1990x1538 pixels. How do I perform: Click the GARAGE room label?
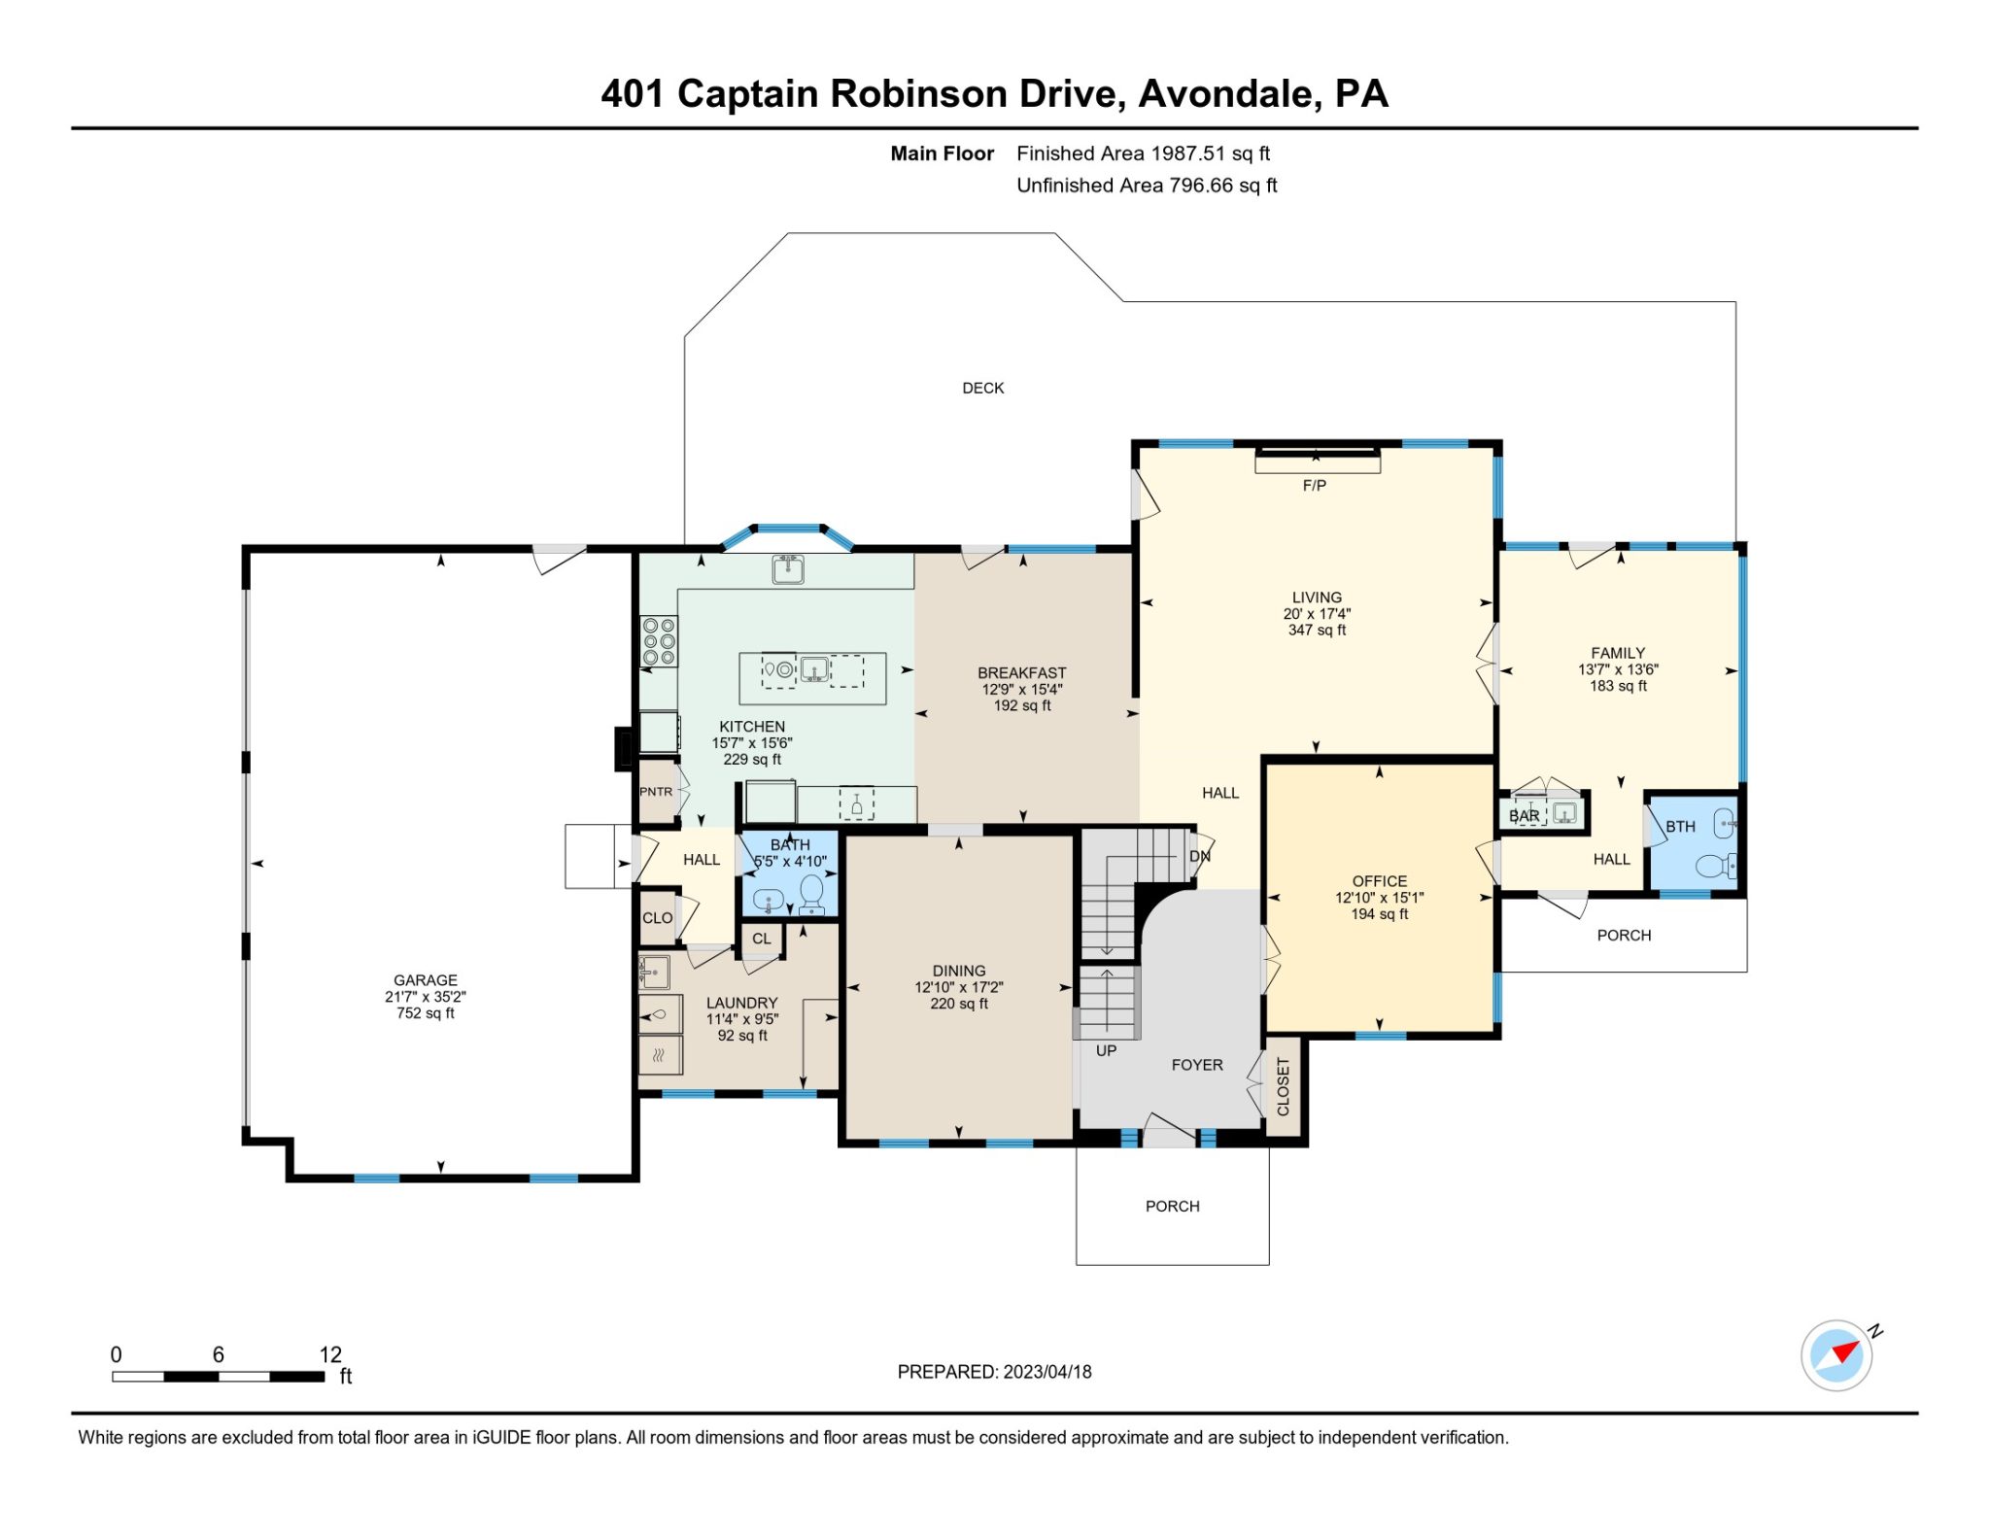425,980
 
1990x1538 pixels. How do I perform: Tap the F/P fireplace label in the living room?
1314,485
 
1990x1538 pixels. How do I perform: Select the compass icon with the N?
1836,1354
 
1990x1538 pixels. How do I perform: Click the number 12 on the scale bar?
330,1354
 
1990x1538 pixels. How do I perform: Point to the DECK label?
982,388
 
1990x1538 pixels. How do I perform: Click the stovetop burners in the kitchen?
659,642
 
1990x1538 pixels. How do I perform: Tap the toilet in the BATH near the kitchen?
811,893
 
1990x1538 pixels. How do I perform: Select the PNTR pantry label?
656,792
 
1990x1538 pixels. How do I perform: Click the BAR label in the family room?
1524,815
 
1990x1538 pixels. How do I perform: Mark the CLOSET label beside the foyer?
1283,1086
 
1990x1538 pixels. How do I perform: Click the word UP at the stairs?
1106,1050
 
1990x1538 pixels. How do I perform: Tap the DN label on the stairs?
1200,856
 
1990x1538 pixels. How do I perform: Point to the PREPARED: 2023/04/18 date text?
994,1372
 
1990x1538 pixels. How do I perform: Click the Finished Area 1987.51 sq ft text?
1143,154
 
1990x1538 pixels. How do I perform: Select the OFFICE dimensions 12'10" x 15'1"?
1379,898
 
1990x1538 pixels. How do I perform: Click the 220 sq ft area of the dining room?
958,1004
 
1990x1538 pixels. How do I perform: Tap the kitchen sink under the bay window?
788,568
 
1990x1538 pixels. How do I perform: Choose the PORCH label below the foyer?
1172,1206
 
